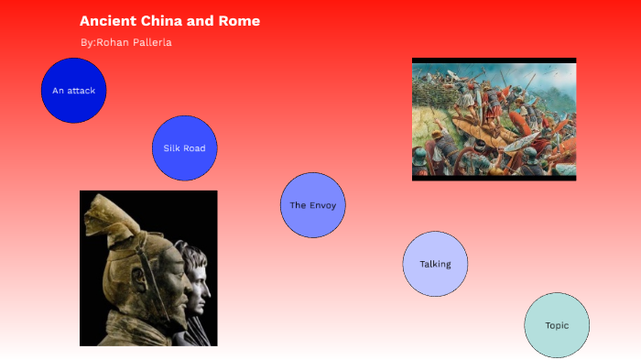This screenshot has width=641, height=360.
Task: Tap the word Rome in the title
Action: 239,21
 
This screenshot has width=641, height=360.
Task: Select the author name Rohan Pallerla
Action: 134,42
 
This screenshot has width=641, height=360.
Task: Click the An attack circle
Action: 74,91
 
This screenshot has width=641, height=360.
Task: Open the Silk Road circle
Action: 184,147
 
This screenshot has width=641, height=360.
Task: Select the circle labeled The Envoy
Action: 312,205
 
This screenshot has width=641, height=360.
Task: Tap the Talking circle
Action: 435,264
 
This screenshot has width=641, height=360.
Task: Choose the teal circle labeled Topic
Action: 557,325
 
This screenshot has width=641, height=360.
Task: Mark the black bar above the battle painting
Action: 494,60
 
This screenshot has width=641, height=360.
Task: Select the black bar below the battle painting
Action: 494,178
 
